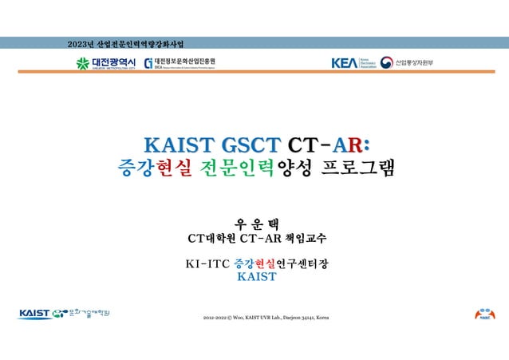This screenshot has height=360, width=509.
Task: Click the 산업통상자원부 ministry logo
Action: click(x=408, y=63)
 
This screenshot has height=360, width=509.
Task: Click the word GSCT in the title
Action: click(x=251, y=144)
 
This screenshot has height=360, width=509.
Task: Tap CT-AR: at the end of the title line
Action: click(x=328, y=144)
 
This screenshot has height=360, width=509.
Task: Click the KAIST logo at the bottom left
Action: click(x=36, y=313)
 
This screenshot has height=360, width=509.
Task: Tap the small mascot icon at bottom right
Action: click(x=484, y=314)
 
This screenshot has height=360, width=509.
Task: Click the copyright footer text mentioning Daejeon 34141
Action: click(x=265, y=318)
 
